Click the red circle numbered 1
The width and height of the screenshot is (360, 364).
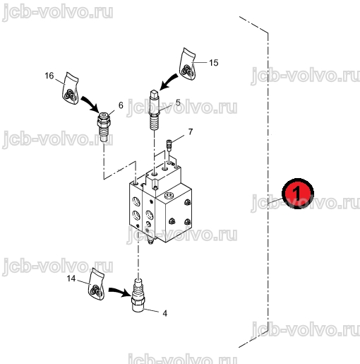(298, 194)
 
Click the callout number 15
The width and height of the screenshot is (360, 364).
(214, 63)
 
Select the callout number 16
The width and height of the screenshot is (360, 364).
(49, 76)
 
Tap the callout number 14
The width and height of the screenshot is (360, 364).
(71, 278)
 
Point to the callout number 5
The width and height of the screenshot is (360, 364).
(178, 102)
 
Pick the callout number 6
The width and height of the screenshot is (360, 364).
(121, 105)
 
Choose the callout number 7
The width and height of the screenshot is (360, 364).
(191, 131)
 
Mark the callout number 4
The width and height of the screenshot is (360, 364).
(165, 313)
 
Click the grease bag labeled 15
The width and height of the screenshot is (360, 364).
(188, 64)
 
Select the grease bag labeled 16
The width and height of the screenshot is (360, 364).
(71, 88)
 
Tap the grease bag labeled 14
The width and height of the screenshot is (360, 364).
(96, 284)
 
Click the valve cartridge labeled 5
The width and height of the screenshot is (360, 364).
(155, 110)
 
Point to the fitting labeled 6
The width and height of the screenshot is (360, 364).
(104, 127)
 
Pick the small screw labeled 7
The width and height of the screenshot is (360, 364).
(169, 146)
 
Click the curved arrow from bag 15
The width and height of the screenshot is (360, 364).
(167, 81)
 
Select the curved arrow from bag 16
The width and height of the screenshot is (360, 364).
(90, 104)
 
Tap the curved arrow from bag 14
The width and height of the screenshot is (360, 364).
(119, 292)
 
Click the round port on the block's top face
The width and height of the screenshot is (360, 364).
(169, 195)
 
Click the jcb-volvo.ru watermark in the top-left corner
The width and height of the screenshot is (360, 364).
(58, 12)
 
